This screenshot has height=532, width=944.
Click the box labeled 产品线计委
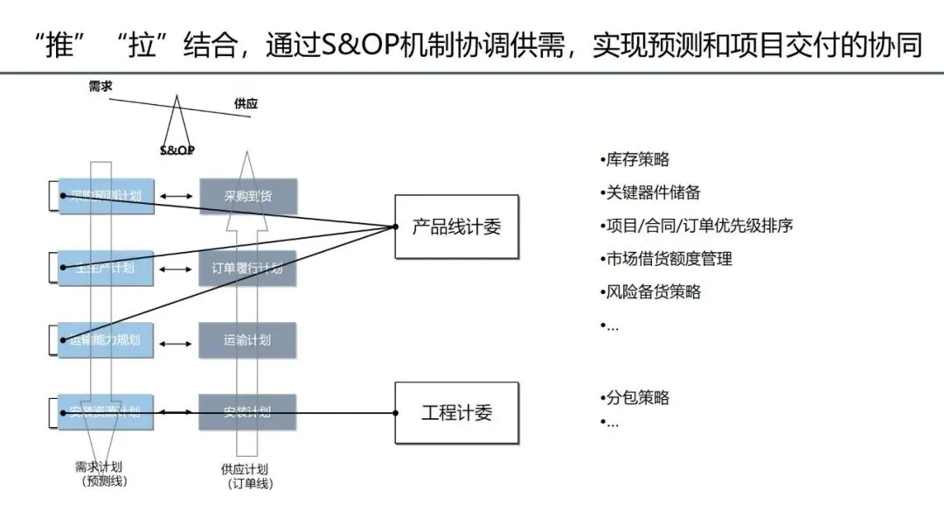pos(456,227)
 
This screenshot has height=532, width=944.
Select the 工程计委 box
pos(456,413)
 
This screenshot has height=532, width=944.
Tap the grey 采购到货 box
pos(247,196)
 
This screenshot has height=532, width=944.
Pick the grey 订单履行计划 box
pos(247,268)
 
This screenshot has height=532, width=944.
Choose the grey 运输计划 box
pos(247,340)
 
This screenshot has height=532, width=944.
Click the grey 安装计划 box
pos(247,411)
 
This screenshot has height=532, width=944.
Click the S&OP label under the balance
pos(177,150)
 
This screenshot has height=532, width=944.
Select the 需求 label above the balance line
pos(101,87)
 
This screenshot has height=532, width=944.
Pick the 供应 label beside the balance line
pos(246,104)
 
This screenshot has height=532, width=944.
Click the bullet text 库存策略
pos(635,159)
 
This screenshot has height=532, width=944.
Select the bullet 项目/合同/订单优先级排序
pos(697,226)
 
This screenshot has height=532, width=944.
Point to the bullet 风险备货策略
pos(651,292)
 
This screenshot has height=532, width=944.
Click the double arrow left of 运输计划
pos(177,341)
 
